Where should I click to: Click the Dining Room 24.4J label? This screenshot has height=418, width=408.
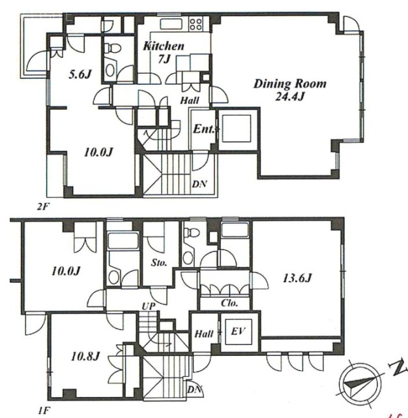click(290, 90)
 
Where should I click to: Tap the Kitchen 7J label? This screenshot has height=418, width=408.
click(164, 52)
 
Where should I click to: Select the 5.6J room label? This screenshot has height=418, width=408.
click(80, 74)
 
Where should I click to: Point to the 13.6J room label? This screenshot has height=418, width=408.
click(297, 279)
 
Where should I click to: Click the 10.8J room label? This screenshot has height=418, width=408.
click(85, 357)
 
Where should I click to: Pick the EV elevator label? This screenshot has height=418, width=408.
click(238, 331)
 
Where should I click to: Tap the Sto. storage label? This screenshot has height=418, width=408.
click(159, 263)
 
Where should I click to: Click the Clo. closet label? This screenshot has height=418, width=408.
click(229, 303)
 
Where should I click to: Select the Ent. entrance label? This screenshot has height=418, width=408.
click(203, 129)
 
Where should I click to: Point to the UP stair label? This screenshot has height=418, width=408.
click(149, 306)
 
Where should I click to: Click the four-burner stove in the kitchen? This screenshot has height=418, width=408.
click(196, 24)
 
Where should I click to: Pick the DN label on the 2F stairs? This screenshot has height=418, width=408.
click(199, 184)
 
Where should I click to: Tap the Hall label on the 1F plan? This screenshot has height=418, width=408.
click(204, 334)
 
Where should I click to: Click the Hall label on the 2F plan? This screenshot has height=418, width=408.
click(190, 101)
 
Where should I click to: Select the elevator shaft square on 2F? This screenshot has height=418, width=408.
click(237, 129)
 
